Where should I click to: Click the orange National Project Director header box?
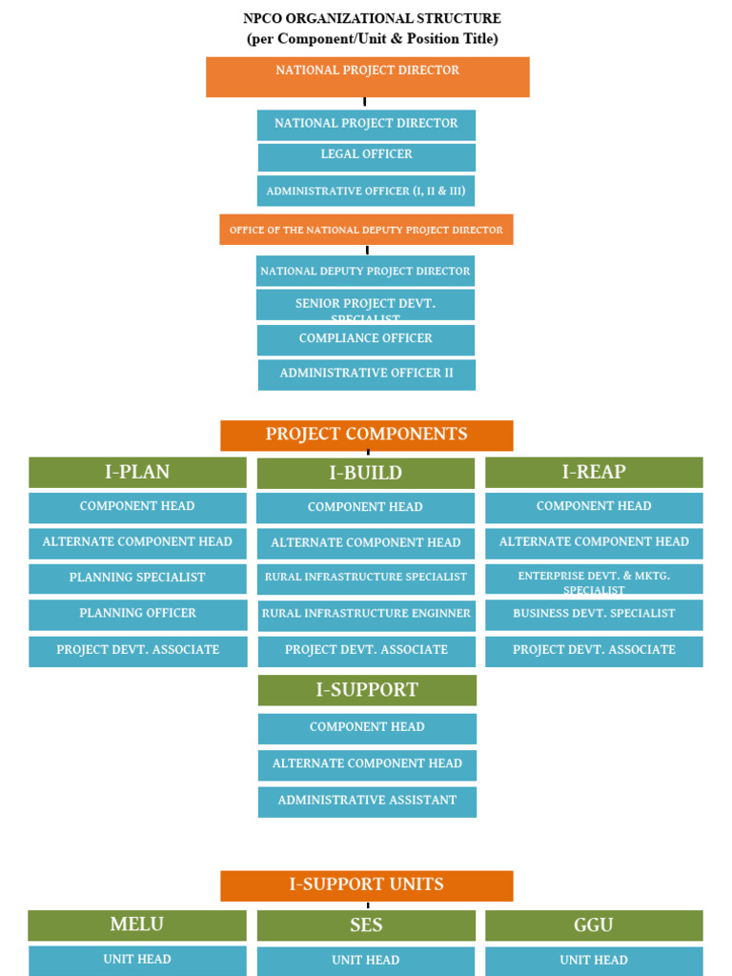367,76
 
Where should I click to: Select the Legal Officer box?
366,155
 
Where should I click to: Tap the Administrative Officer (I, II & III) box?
366,191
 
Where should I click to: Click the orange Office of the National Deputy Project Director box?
366,230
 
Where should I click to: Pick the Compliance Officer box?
366,339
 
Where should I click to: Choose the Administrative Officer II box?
366,374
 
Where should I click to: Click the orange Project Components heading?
366,435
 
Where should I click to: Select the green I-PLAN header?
137,472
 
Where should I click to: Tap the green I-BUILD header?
366,473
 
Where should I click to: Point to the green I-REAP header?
594,472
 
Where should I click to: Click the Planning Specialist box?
137,579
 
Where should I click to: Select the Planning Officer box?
137,614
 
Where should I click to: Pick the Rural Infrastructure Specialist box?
366,578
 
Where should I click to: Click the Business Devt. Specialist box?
594,614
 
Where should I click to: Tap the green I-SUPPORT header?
367,690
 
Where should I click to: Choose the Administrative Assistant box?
367,801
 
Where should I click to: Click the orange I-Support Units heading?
366,884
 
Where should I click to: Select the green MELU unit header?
137,925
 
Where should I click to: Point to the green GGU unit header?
594,925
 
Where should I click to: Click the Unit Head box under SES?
366,961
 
